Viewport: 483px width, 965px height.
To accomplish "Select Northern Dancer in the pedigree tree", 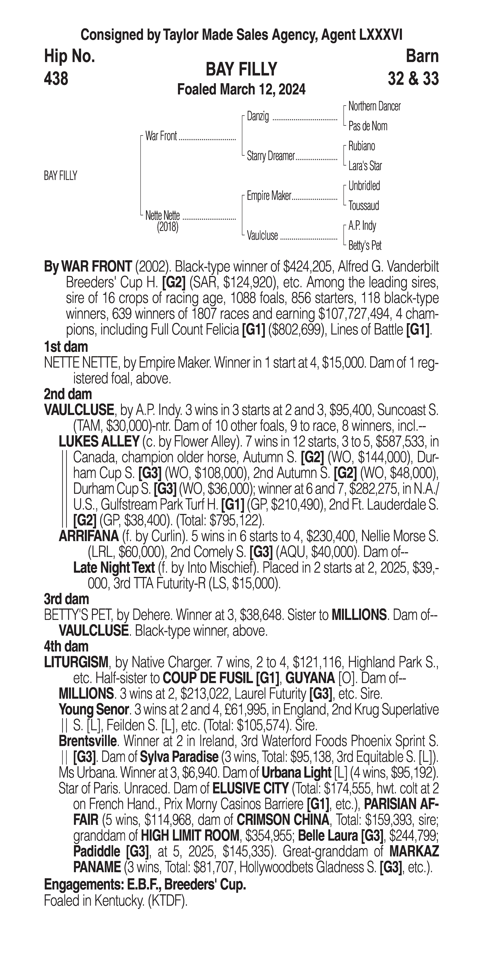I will [x=374, y=106].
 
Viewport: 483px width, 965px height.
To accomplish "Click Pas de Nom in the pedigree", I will [x=368, y=126].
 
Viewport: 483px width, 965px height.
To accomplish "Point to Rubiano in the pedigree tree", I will [x=361, y=146].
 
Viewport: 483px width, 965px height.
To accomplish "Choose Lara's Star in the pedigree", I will [x=365, y=166].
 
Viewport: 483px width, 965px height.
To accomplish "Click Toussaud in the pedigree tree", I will [x=364, y=206].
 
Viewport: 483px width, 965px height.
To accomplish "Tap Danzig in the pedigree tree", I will [x=258, y=117].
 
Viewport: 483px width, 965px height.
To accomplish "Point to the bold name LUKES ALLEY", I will [x=99, y=442].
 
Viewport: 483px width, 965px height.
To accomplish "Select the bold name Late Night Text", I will [x=114, y=568].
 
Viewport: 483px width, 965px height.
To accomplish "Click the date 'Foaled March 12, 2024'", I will [x=241, y=89].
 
